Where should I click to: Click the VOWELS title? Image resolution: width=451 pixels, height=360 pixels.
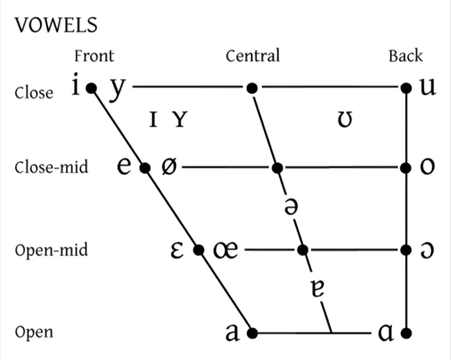tap(56, 25)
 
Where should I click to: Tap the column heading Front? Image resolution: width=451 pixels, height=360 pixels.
tap(94, 56)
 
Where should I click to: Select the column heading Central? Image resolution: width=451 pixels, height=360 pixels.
tap(253, 56)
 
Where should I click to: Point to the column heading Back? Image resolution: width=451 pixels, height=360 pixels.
tap(405, 56)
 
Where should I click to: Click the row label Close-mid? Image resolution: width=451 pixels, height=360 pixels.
tap(51, 167)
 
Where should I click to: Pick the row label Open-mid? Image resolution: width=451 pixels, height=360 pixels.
tap(51, 250)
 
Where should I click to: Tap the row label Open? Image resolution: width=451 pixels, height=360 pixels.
tap(34, 333)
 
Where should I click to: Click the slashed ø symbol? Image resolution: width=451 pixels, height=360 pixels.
tap(169, 167)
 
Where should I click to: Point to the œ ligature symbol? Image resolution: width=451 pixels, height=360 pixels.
tap(225, 250)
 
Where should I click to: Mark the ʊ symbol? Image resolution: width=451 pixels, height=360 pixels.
tap(345, 121)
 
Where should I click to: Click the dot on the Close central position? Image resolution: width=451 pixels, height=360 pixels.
tap(251, 88)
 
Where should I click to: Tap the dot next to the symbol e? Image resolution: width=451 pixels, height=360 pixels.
tap(144, 168)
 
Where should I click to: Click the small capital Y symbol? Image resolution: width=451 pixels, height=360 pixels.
tap(180, 121)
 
